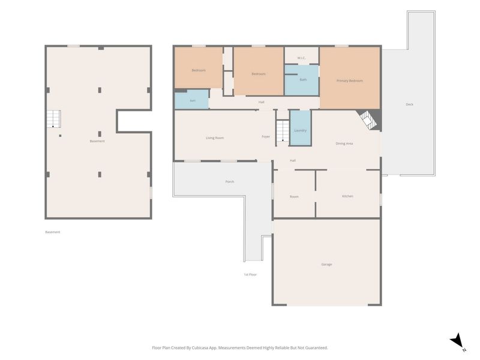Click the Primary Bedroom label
(350, 81)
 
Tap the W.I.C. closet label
(302, 58)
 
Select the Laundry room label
(301, 130)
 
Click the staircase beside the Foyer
(283, 131)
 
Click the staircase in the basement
(53, 119)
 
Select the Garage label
(326, 264)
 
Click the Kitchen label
(347, 196)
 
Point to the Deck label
(410, 104)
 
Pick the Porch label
(230, 182)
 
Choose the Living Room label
(215, 138)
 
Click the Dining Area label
(344, 143)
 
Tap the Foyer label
(266, 137)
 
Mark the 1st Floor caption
(250, 275)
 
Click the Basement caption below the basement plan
(53, 232)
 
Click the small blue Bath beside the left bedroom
(191, 100)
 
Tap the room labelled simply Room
(294, 194)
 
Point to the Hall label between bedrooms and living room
(261, 102)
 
